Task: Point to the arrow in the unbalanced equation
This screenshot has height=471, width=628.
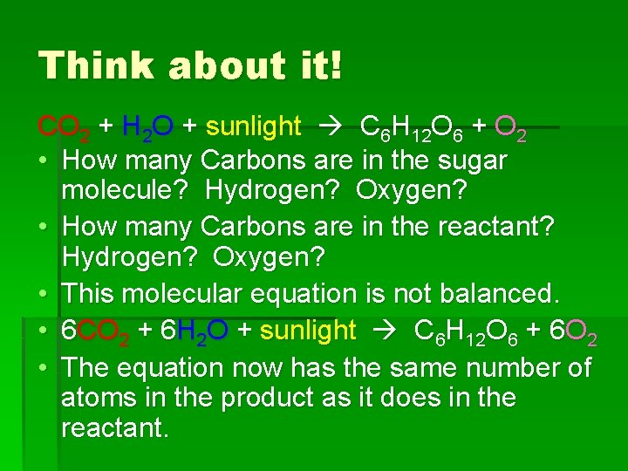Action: (331, 128)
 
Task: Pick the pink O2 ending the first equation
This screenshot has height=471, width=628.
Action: (509, 128)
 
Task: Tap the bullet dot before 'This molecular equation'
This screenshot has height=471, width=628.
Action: (44, 294)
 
